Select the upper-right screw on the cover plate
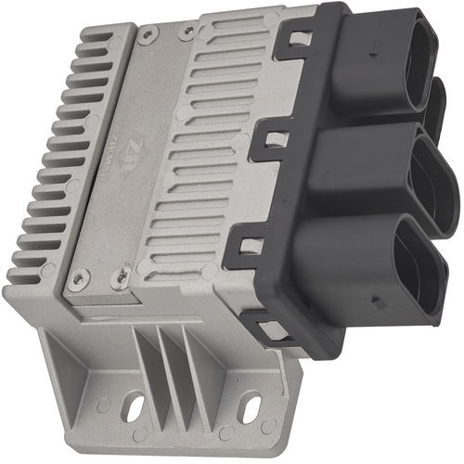(x=188, y=32)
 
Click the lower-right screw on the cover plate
(x=118, y=275)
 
